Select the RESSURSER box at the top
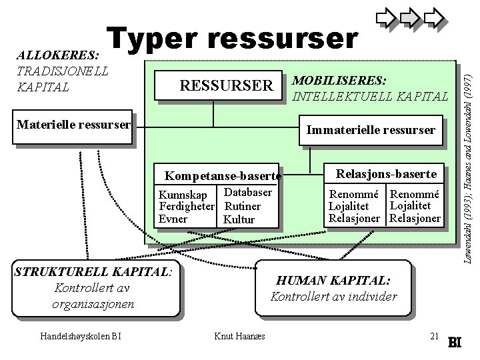227,86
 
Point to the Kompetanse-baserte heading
221,177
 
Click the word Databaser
247,193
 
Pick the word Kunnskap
181,195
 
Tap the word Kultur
239,219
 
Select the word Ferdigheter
186,207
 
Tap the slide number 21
434,335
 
